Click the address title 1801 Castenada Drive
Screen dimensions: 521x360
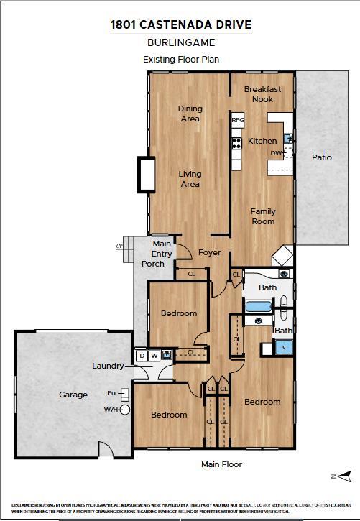click(180, 25)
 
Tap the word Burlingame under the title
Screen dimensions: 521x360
click(180, 43)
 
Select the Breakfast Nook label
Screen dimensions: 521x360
click(262, 94)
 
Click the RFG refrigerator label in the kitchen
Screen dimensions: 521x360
click(237, 121)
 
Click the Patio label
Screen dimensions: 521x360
click(321, 157)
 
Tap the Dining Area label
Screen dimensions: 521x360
click(190, 114)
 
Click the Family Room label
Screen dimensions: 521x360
click(263, 216)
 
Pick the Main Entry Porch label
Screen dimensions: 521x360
click(156, 254)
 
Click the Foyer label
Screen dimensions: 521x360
click(210, 253)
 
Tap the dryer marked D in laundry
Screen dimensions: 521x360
click(142, 355)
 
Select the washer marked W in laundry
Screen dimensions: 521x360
click(154, 355)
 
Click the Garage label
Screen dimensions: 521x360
click(73, 395)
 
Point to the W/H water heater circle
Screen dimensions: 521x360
click(125, 410)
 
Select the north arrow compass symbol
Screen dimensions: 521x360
click(344, 476)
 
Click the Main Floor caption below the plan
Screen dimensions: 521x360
click(221, 464)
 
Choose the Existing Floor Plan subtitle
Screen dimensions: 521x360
click(180, 60)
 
